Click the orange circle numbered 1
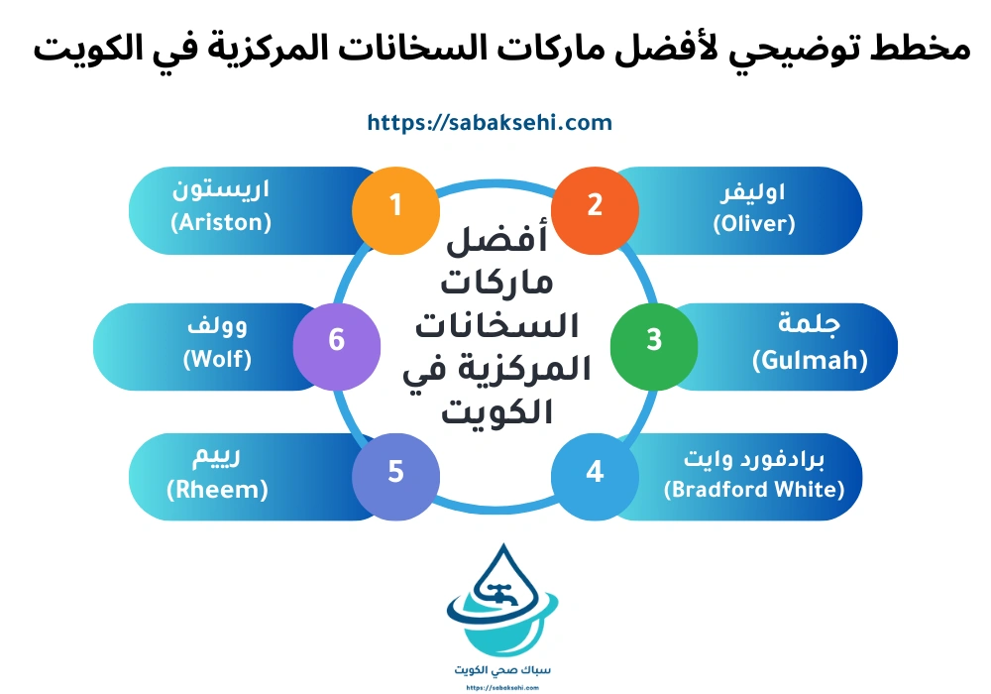click(395, 205)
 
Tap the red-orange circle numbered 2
click(595, 205)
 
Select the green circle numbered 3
click(653, 340)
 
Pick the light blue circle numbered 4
click(595, 472)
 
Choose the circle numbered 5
click(395, 472)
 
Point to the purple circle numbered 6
click(337, 340)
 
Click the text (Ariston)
click(220, 223)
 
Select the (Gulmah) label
click(809, 359)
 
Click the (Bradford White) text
click(753, 490)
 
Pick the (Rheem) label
click(217, 490)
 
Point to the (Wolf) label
click(217, 358)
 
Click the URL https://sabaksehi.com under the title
click(490, 123)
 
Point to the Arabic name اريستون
click(229, 189)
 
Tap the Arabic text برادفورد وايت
click(753, 460)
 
